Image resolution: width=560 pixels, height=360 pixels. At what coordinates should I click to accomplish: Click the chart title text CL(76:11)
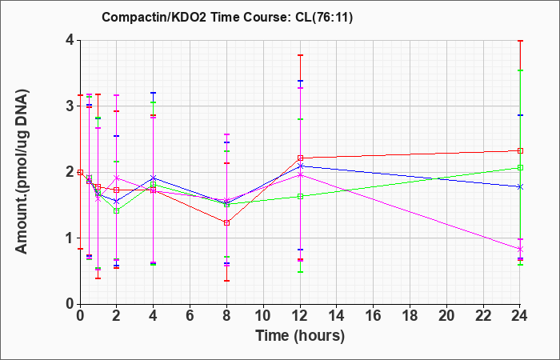tap(324, 17)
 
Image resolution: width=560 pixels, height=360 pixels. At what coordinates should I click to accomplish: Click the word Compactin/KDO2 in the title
tap(154, 17)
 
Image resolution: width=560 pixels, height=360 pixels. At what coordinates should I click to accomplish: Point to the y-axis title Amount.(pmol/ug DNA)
tap(22, 171)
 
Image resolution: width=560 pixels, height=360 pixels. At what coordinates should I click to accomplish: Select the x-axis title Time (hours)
tap(300, 336)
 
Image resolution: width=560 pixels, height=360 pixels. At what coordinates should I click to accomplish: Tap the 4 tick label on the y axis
tap(70, 40)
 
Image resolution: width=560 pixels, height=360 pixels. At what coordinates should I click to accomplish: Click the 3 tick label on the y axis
tap(70, 106)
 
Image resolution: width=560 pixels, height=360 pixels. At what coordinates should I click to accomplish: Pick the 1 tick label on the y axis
tap(70, 238)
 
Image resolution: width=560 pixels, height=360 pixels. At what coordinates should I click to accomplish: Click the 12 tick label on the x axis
tap(300, 316)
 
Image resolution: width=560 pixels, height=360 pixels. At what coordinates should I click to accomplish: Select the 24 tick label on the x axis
tap(520, 316)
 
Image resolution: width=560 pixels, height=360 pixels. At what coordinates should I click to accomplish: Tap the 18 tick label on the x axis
tap(410, 316)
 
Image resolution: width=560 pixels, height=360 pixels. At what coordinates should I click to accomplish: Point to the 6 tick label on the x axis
tap(190, 316)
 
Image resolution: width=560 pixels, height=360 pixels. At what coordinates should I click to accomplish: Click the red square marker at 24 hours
tap(520, 150)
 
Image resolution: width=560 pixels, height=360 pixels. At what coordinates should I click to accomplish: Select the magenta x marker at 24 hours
tap(520, 249)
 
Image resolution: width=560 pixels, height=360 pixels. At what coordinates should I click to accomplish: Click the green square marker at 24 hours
tap(520, 167)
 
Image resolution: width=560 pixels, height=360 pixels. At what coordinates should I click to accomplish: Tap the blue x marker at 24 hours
tap(520, 186)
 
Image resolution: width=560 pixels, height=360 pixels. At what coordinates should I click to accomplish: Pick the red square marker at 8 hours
tap(226, 223)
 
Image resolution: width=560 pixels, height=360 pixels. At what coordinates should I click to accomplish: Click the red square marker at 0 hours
tap(80, 172)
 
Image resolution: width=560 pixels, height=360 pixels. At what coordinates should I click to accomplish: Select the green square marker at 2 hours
tap(117, 211)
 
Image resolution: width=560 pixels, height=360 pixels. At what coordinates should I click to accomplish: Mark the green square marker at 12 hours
tap(300, 197)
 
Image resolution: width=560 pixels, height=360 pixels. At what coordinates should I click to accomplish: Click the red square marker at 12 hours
tap(300, 158)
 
